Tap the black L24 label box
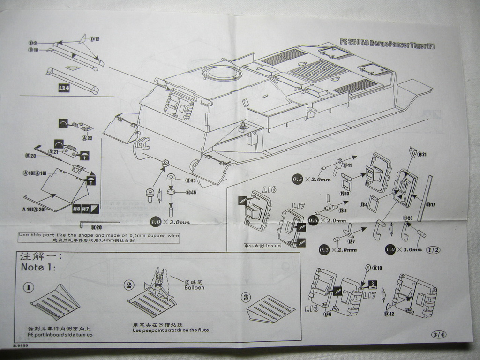coord(64,87)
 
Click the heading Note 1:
coord(38,267)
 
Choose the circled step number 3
coord(247,297)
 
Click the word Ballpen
coord(195,287)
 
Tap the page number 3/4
coord(440,334)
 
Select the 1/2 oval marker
coord(434,250)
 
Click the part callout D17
coord(431,205)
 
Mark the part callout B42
coord(389,314)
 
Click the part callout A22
coord(87,138)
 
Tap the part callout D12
coord(94,39)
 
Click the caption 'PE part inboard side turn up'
coord(60,335)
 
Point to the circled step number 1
coord(28,287)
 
